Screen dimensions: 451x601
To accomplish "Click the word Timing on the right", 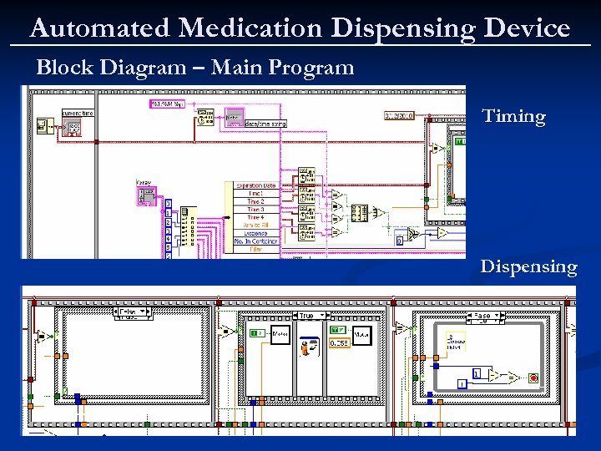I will [x=513, y=117].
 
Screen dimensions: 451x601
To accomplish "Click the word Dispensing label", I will [x=528, y=267].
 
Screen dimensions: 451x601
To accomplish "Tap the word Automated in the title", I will [x=99, y=28].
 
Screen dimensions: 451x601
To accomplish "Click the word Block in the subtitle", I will [x=63, y=68].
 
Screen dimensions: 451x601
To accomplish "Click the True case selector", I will [x=310, y=315].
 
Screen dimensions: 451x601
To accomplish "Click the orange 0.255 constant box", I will [x=338, y=342].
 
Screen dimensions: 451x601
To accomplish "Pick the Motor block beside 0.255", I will [x=362, y=335].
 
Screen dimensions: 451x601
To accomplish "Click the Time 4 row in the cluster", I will [x=255, y=217].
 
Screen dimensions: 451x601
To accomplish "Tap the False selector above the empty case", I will [x=131, y=313].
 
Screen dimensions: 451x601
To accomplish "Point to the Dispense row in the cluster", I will [x=255, y=233].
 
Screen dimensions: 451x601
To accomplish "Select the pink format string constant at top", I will [x=166, y=104].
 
